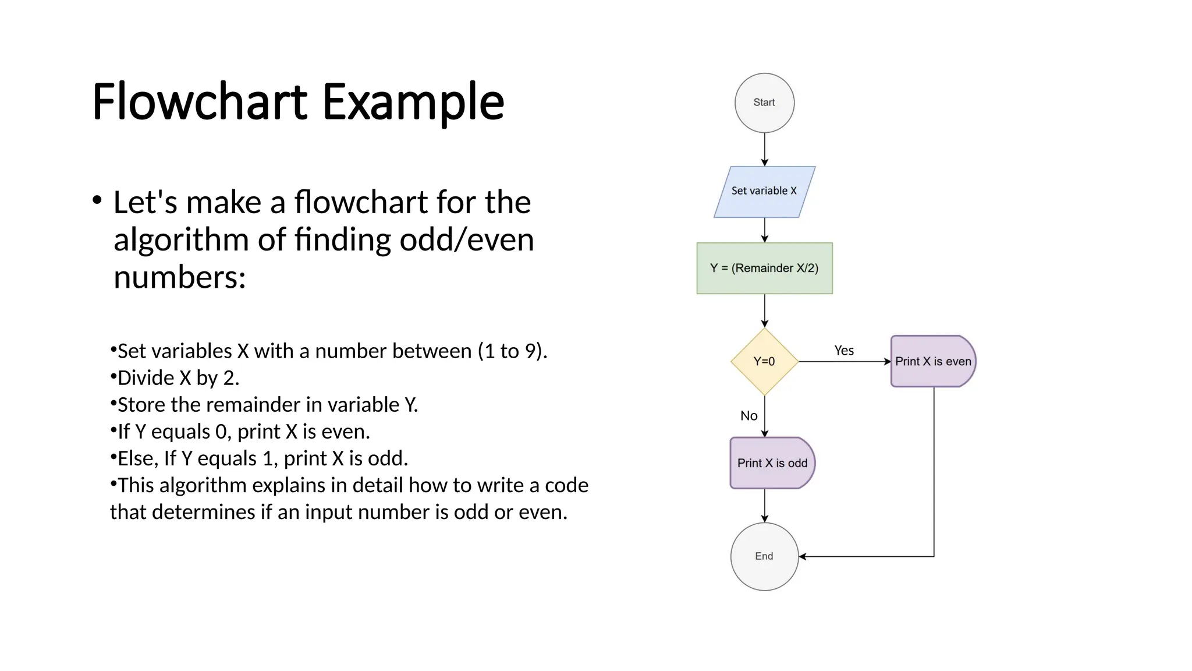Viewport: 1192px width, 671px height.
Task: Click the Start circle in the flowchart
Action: [x=764, y=103]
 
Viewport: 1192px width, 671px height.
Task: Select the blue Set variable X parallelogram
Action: [x=764, y=192]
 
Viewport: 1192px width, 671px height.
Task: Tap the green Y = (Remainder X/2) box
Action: [x=764, y=268]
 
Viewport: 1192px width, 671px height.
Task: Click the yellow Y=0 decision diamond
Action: [x=764, y=362]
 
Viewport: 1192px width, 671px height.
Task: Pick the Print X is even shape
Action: [x=932, y=361]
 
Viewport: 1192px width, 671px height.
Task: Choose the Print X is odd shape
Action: [x=772, y=463]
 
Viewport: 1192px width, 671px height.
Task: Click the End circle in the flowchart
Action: [x=764, y=556]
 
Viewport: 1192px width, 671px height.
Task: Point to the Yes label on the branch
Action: [x=844, y=351]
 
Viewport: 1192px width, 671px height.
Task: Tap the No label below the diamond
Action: [x=748, y=416]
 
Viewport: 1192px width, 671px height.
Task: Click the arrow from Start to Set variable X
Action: [x=765, y=149]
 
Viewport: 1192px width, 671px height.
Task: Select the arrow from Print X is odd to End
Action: [x=765, y=505]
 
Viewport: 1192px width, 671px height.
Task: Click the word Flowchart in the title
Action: [x=198, y=102]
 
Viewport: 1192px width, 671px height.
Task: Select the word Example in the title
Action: [x=413, y=103]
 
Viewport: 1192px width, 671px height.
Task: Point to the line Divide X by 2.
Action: [x=178, y=378]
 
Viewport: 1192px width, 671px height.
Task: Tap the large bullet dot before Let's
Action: [x=97, y=201]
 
